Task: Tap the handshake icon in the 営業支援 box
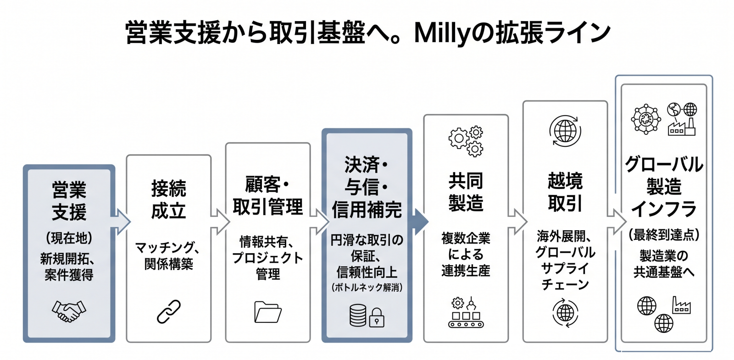69,311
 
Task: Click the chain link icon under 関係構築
168,312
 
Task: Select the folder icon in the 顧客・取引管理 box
267,312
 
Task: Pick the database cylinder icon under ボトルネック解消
358,316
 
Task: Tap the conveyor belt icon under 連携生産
466,313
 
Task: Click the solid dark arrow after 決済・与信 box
420,222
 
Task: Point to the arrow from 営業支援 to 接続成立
121,222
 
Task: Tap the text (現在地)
69,238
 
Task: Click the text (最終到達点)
663,235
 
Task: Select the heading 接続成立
168,200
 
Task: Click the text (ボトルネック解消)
367,288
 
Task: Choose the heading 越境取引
565,192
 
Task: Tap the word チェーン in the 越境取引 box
565,284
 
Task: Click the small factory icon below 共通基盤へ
681,305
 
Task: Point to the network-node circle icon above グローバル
646,119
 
